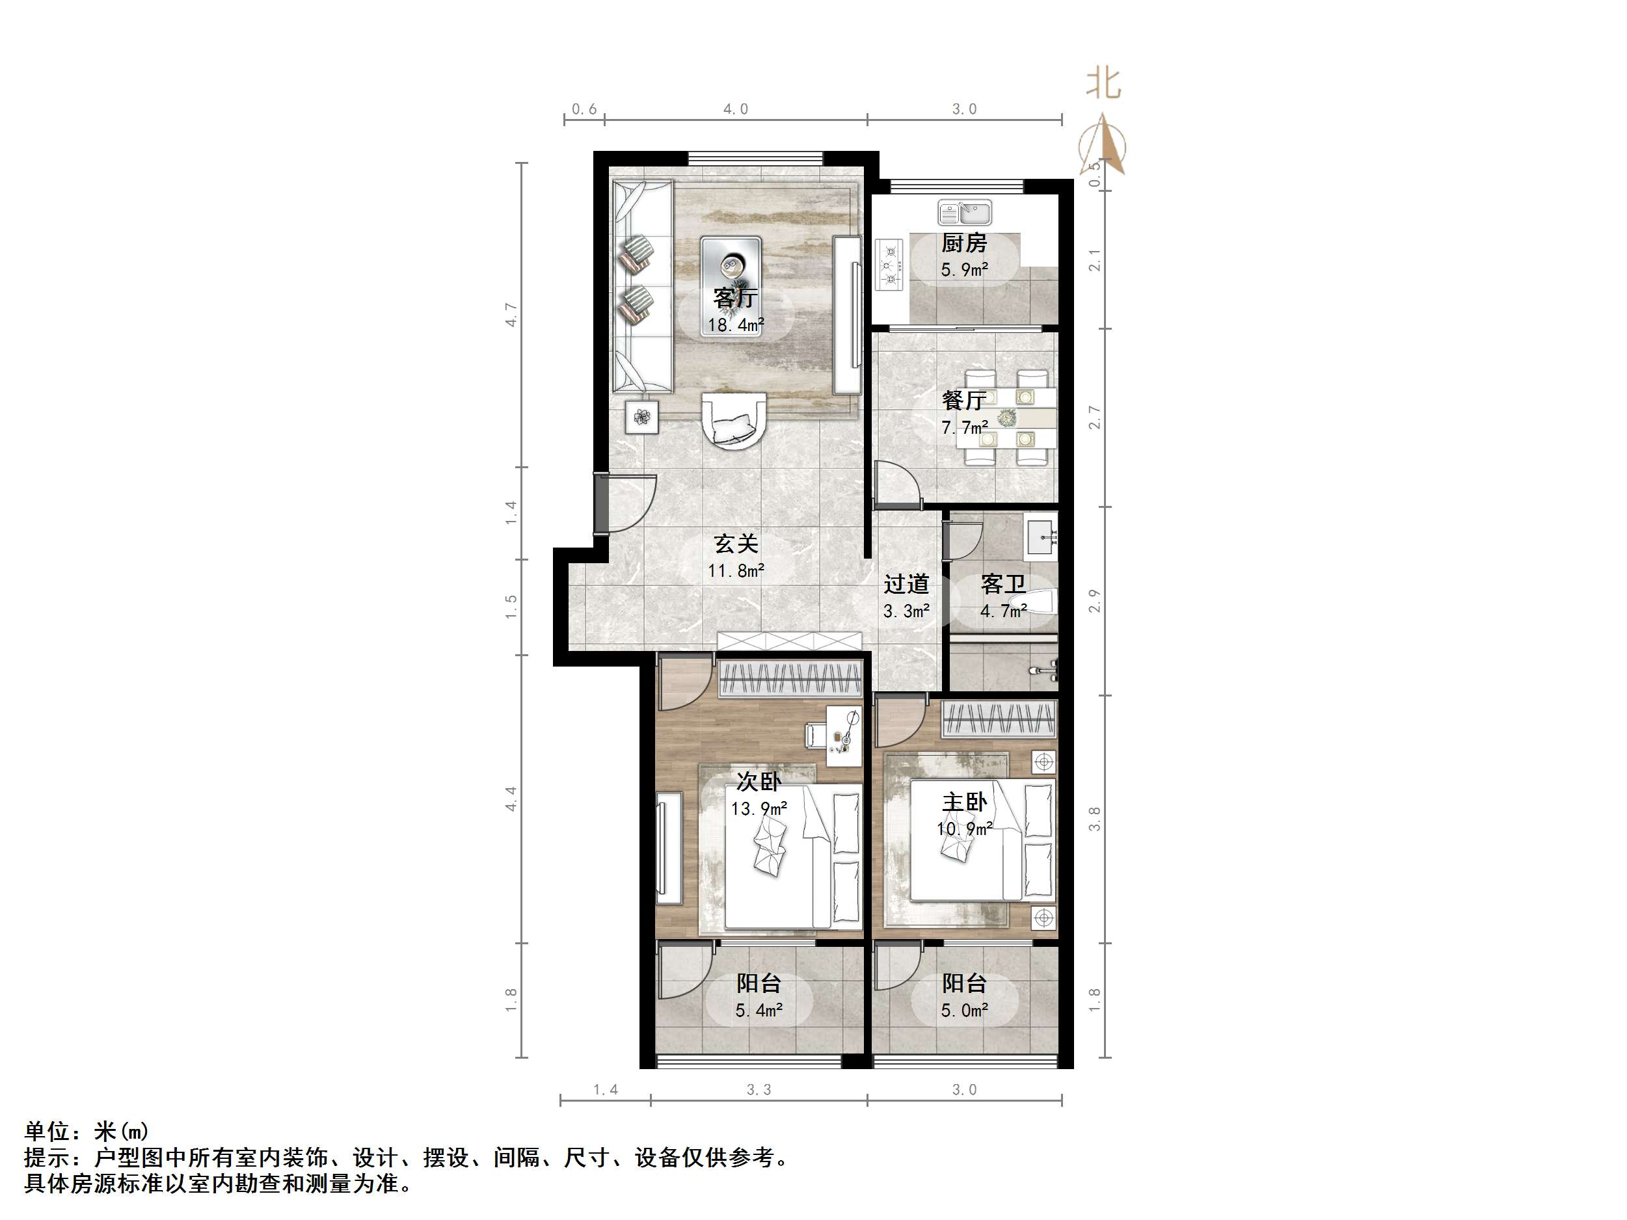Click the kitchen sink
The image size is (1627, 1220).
coord(964,213)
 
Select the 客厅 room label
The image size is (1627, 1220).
coord(735,298)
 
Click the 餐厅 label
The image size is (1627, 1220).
coord(963,401)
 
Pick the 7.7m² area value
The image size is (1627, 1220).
coord(964,427)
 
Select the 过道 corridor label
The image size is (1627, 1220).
coord(906,585)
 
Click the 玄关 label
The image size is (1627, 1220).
coord(736,544)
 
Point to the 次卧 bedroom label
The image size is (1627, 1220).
coord(759,782)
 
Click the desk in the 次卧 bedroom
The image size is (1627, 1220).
coord(843,736)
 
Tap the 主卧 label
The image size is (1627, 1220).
coord(964,802)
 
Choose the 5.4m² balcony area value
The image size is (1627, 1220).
coord(759,1011)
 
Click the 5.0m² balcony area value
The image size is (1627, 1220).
coord(964,1011)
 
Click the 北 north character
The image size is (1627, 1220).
coord(1103,83)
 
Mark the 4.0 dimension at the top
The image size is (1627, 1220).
coord(736,109)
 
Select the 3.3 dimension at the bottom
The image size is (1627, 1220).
coord(759,1090)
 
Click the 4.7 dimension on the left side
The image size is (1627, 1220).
coord(511,315)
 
